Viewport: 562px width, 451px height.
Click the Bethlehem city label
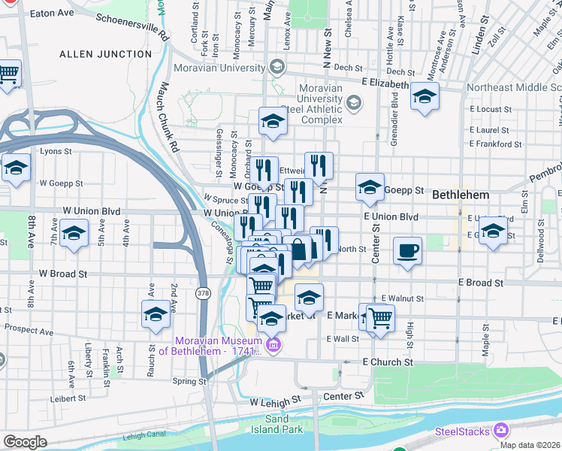[461, 195]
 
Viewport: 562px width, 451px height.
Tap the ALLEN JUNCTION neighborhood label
[104, 54]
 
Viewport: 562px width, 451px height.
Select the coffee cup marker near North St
[407, 250]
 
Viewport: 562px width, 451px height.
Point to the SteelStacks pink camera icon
[500, 431]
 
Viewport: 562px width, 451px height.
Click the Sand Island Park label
[283, 424]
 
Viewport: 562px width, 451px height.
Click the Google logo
[25, 441]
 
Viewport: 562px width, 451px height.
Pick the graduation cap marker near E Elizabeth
[425, 97]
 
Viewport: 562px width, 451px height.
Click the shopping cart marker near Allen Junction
[8, 74]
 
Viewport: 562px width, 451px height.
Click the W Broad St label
[57, 274]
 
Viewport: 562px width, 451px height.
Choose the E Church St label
[388, 362]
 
